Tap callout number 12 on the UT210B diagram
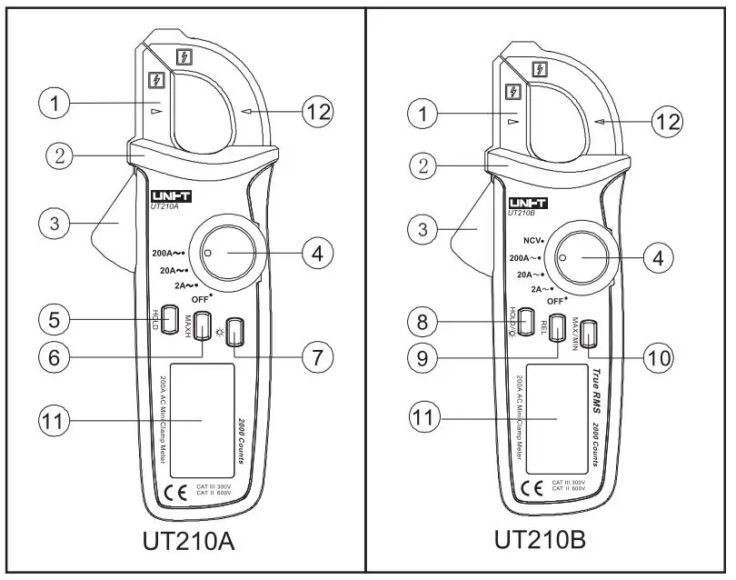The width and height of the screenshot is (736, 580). click(x=668, y=120)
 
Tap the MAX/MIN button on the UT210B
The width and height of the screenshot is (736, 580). click(x=590, y=334)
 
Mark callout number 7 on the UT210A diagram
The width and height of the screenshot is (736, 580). click(x=317, y=357)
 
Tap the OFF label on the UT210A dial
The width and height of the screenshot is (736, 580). click(x=202, y=299)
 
